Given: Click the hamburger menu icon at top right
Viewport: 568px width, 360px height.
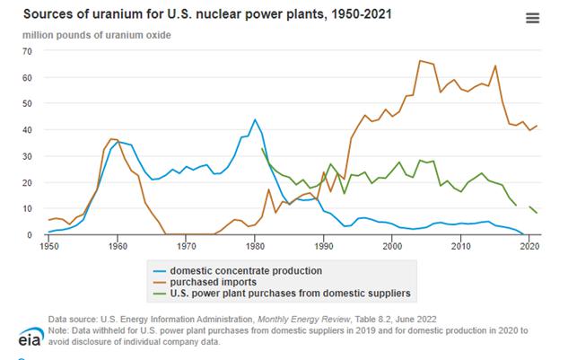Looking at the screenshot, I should pos(533,18).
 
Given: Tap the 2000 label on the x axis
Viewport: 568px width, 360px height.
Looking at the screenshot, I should pos(392,244).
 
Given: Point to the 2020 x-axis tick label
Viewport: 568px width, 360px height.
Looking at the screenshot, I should pos(529,244).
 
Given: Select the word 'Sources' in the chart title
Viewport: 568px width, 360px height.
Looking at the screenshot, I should pos(46,14).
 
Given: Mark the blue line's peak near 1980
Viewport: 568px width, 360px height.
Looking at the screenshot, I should pos(255,119).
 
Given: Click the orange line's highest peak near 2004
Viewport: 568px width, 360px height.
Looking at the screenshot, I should pos(420,61).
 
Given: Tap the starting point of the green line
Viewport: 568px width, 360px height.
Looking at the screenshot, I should pos(262,149).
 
